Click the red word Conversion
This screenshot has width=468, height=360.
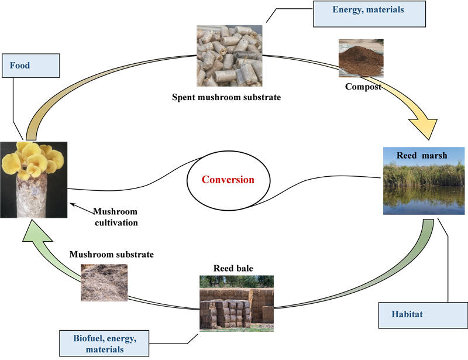229,180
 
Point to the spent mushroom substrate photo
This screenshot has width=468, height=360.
230,56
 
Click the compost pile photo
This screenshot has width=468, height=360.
361,59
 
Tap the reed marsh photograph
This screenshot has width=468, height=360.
425,181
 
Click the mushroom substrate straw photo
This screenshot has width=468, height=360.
104,282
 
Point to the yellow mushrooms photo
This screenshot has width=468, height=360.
33,179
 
